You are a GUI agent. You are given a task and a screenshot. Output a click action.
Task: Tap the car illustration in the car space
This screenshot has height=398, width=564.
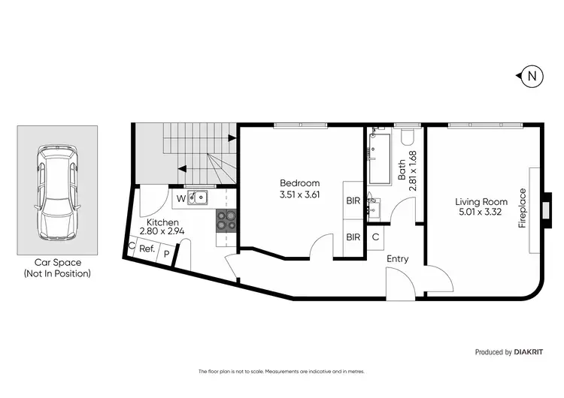pyautogui.click(x=57, y=191)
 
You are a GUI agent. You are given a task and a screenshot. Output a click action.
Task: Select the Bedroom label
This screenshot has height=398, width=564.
pyautogui.click(x=299, y=183)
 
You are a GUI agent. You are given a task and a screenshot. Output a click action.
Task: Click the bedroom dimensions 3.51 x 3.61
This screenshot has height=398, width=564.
pyautogui.click(x=299, y=195)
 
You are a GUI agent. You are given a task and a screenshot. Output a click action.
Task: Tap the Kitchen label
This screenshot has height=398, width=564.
pyautogui.click(x=162, y=222)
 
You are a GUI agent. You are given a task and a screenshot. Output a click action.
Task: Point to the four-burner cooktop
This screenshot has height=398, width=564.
pyautogui.click(x=226, y=219)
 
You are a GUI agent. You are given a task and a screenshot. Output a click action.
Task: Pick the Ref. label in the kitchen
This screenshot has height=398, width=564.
pyautogui.click(x=147, y=249)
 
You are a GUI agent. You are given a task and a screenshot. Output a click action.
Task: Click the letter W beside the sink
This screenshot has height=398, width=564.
pyautogui.click(x=180, y=199)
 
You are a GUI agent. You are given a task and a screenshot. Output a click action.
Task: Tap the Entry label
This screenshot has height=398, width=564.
pyautogui.click(x=397, y=259)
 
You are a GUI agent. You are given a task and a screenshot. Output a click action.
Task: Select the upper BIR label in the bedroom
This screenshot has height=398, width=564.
pyautogui.click(x=353, y=201)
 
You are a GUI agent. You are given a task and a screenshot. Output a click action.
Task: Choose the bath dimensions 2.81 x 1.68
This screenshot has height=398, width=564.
pyautogui.click(x=407, y=171)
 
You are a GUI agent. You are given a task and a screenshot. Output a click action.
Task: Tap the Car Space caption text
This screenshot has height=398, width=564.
pyautogui.click(x=57, y=268)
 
